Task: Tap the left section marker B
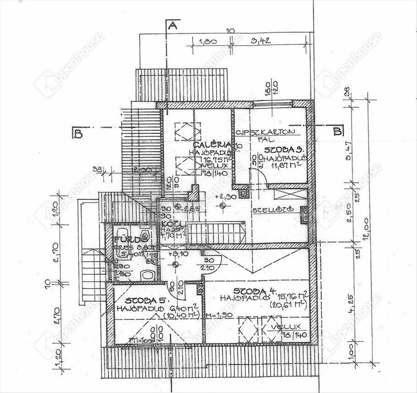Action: click(78, 134)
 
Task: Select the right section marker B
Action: click(337, 132)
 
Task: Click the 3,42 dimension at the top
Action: click(262, 40)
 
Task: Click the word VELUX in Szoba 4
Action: click(288, 326)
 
